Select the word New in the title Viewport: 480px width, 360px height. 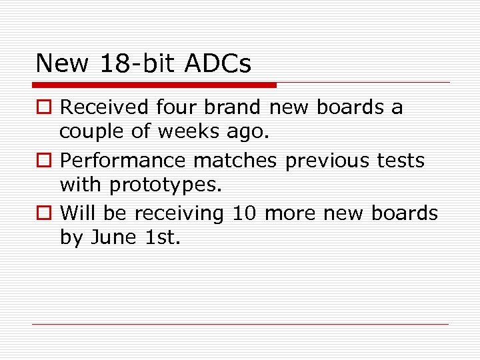(x=62, y=64)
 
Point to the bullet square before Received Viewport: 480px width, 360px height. (x=44, y=108)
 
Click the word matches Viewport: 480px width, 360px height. (x=245, y=161)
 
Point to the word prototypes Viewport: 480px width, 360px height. (x=164, y=185)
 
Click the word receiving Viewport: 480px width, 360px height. (x=179, y=214)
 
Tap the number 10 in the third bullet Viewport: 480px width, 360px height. (x=245, y=214)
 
